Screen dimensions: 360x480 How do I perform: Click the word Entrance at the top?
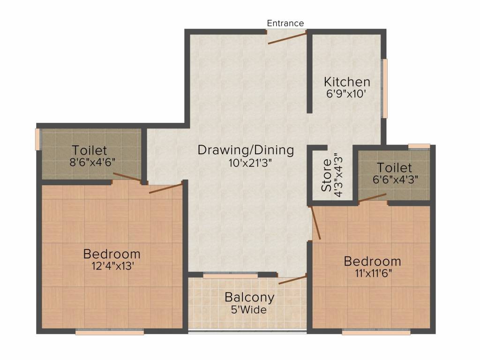tap(285, 23)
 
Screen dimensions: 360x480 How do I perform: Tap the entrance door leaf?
tap(287, 37)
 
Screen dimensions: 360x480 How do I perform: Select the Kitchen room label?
tap(347, 82)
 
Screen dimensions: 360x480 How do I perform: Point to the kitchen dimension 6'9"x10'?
tap(346, 93)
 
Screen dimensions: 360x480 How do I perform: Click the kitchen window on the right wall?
tap(385, 88)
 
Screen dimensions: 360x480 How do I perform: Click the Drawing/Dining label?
tap(246, 150)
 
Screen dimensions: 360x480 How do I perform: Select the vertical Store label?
tap(327, 175)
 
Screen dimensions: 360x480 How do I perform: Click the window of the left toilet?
tap(38, 140)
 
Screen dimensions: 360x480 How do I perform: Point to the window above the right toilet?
tap(419, 146)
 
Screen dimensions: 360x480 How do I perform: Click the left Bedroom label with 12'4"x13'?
tap(112, 254)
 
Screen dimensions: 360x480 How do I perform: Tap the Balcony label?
tap(249, 298)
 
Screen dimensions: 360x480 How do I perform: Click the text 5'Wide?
tap(249, 310)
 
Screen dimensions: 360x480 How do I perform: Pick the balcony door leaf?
tap(292, 280)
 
